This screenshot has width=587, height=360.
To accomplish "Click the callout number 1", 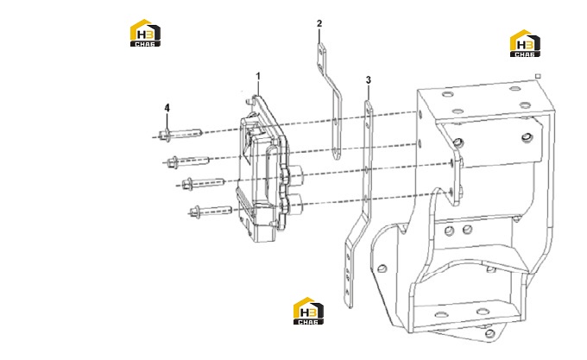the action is click(258, 76).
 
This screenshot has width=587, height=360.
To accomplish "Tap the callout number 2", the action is click(319, 23).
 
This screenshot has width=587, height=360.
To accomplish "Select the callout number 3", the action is click(369, 80).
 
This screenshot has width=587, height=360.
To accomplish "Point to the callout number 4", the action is click(167, 108).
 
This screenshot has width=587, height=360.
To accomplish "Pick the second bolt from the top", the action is click(188, 161).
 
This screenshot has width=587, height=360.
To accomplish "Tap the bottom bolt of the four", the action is click(211, 211).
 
